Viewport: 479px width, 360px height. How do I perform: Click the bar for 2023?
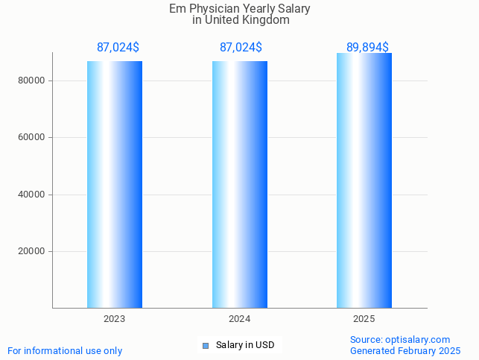click(x=115, y=184)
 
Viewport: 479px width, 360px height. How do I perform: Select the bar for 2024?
click(x=240, y=184)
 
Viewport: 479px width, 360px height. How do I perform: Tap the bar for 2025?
click(x=364, y=180)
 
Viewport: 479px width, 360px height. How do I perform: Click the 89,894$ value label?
click(x=367, y=47)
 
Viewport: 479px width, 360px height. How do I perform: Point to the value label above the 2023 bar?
click(x=118, y=47)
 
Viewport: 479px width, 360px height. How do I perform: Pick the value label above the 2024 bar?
click(x=241, y=47)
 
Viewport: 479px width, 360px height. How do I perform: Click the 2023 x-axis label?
click(x=114, y=319)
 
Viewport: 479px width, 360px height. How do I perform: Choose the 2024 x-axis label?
click(x=239, y=319)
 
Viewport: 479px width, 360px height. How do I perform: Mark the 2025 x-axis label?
click(x=364, y=319)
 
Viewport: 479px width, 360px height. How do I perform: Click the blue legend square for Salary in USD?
click(x=206, y=345)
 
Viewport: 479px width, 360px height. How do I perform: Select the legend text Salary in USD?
click(x=245, y=345)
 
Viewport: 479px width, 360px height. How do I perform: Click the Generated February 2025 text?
click(x=405, y=350)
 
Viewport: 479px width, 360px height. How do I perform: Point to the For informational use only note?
click(x=65, y=350)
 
